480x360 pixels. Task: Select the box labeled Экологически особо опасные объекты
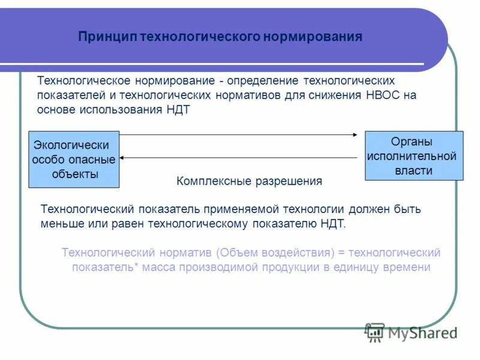[74, 160]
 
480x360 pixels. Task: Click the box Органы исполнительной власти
[414, 155]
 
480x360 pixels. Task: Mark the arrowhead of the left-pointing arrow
[122, 157]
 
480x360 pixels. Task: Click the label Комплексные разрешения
[249, 181]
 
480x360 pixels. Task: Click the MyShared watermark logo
[412, 332]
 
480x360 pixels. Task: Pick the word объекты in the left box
[75, 175]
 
